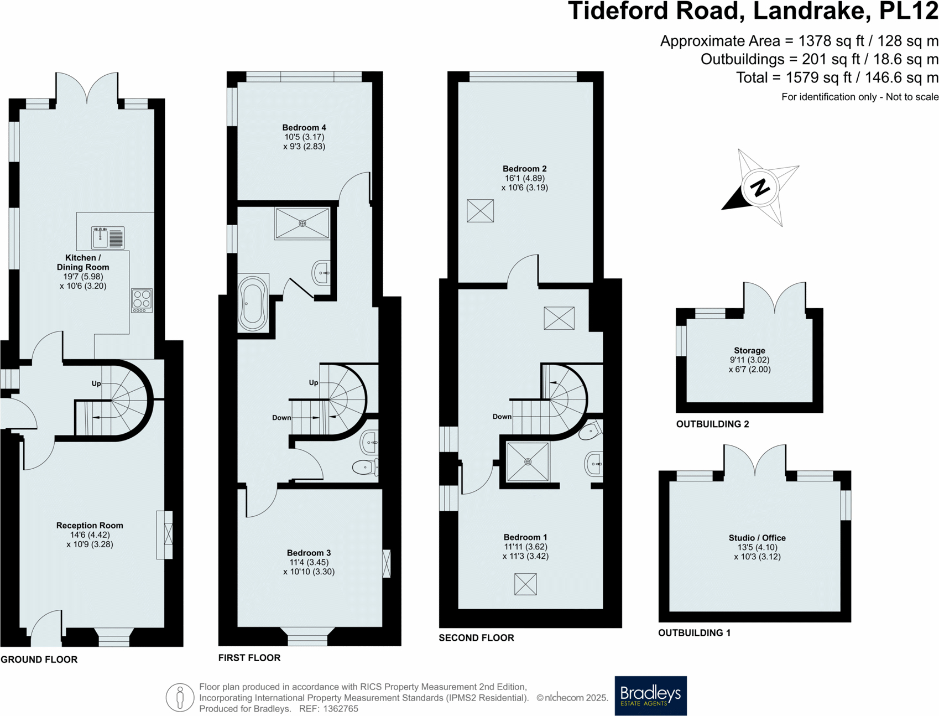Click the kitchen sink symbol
[108, 238]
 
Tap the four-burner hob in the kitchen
[142, 300]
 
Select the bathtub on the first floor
[253, 303]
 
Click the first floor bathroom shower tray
[302, 224]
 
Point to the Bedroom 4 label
[304, 128]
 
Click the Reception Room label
[90, 526]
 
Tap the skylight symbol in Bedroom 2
[480, 211]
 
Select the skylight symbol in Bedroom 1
[525, 584]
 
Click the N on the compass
[760, 188]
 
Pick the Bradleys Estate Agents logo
[650, 696]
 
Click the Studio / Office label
[757, 538]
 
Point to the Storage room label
[749, 350]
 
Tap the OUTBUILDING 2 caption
[712, 424]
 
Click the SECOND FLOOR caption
[476, 638]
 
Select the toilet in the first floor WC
[364, 468]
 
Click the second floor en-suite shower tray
[528, 461]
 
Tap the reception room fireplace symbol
[168, 535]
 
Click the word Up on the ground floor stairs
[96, 383]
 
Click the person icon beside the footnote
[180, 697]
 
